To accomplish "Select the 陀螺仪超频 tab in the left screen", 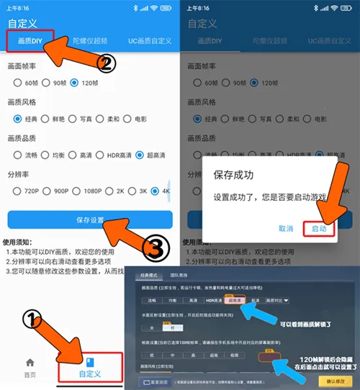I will click(90, 41).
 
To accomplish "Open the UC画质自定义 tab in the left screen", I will click(149, 41).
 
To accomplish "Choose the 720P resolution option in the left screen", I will click(23, 191).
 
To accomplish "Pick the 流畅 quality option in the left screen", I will click(23, 155).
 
